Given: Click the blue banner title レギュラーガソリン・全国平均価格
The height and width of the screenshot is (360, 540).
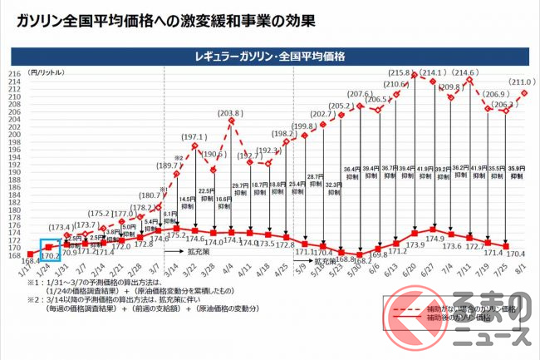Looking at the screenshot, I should [x=271, y=57].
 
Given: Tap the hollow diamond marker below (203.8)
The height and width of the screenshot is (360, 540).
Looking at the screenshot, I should [x=229, y=121].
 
